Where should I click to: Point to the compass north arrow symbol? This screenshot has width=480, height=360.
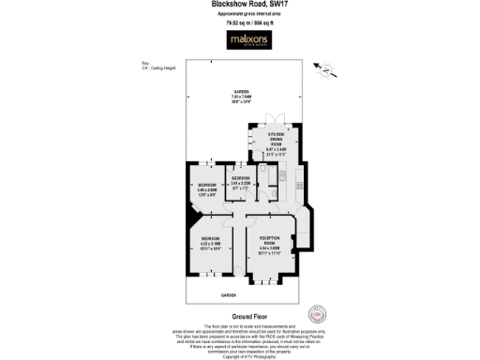pos(323,68)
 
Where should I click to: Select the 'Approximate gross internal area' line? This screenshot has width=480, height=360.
pos(241,16)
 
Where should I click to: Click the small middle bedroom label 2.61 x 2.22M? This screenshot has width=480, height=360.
pos(241,182)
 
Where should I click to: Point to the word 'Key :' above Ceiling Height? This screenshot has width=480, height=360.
pos(133,64)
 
